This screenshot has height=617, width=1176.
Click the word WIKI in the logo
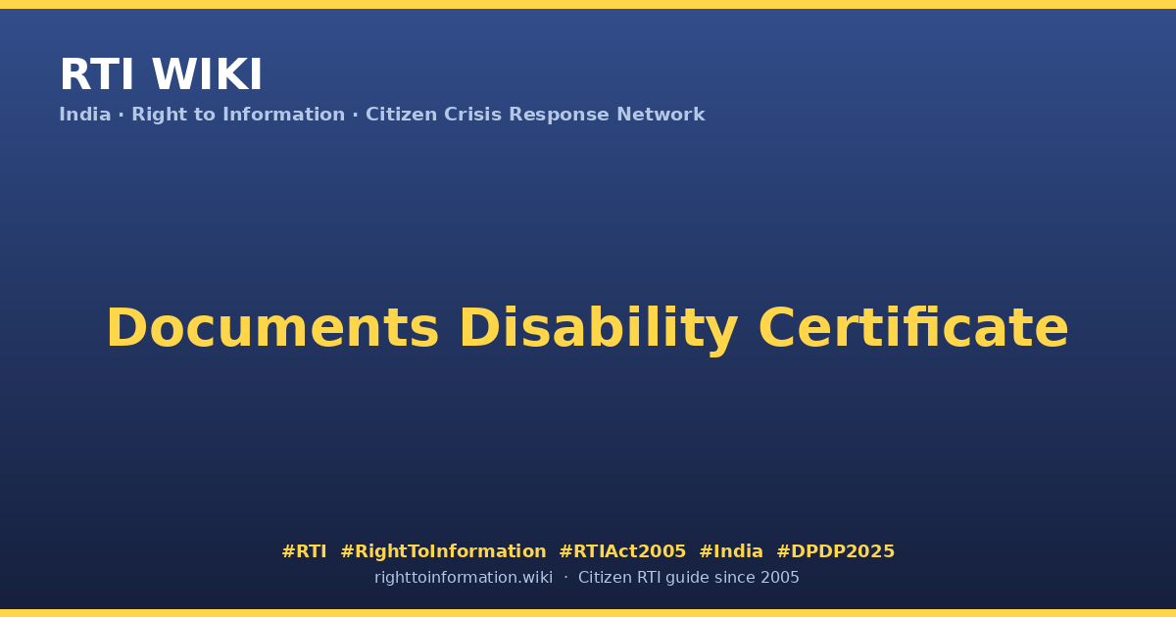tap(207, 75)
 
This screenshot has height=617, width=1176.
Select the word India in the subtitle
tap(85, 115)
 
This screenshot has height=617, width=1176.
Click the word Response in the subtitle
tap(560, 115)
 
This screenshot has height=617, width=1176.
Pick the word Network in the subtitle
tap(661, 115)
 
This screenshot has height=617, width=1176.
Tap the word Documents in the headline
tap(272, 328)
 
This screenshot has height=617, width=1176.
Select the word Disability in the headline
tap(599, 329)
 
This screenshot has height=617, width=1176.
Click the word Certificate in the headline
tap(913, 328)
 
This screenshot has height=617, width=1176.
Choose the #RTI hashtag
tap(304, 551)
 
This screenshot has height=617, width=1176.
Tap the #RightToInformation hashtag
tap(443, 551)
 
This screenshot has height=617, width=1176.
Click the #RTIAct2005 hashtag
tap(622, 551)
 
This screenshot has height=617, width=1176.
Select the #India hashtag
tap(731, 551)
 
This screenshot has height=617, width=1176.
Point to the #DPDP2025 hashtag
tap(835, 551)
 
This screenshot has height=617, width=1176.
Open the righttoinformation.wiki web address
tap(464, 578)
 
